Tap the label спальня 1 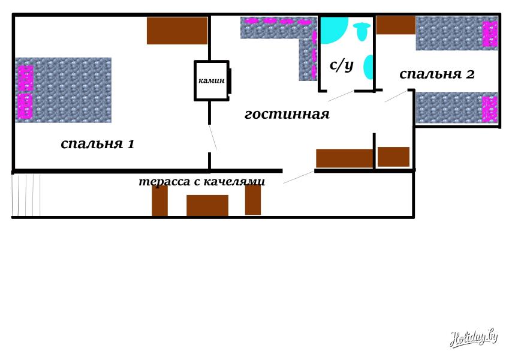pyautogui.click(x=97, y=143)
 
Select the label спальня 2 pyautogui.click(x=437, y=74)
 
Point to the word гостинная pyautogui.click(x=287, y=114)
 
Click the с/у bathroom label pyautogui.click(x=342, y=65)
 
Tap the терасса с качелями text pyautogui.click(x=201, y=181)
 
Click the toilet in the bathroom pyautogui.click(x=362, y=32)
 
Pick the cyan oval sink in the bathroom pyautogui.click(x=369, y=67)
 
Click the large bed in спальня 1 pyautogui.click(x=64, y=90)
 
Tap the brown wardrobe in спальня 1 pyautogui.click(x=177, y=31)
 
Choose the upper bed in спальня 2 pyautogui.click(x=457, y=34)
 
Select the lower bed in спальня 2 pyautogui.click(x=457, y=108)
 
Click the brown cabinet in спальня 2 pyautogui.click(x=396, y=25)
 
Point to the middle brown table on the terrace pyautogui.click(x=207, y=205)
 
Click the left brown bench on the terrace pyautogui.click(x=159, y=200)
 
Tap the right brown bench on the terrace pyautogui.click(x=253, y=200)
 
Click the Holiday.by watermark pyautogui.click(x=474, y=338)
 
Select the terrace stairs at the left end pyautogui.click(x=26, y=195)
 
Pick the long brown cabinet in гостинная pyautogui.click(x=345, y=158)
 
